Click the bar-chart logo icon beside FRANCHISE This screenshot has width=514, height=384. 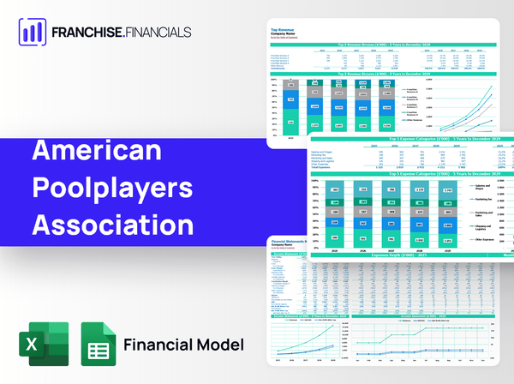31,33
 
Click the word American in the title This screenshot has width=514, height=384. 96,151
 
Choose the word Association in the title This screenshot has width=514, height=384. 112,225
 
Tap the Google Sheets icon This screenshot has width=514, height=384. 99,345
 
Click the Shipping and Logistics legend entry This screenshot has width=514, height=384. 484,227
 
